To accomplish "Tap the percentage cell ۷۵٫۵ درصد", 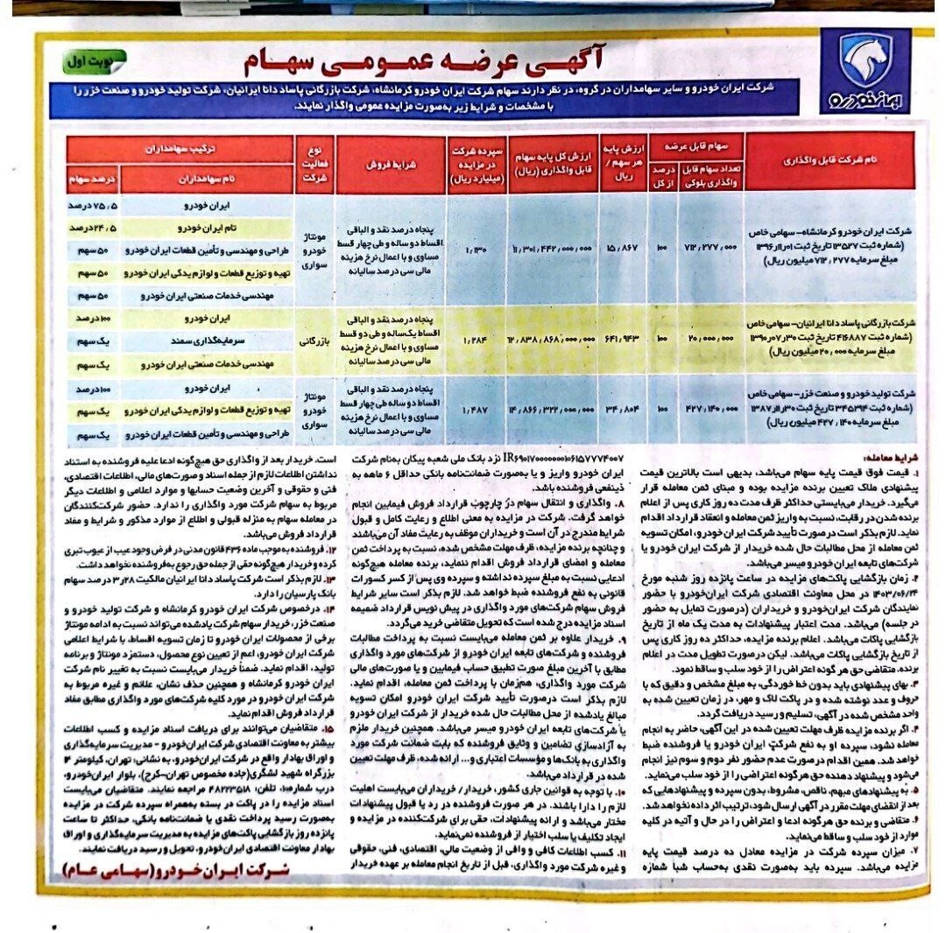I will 94,206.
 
